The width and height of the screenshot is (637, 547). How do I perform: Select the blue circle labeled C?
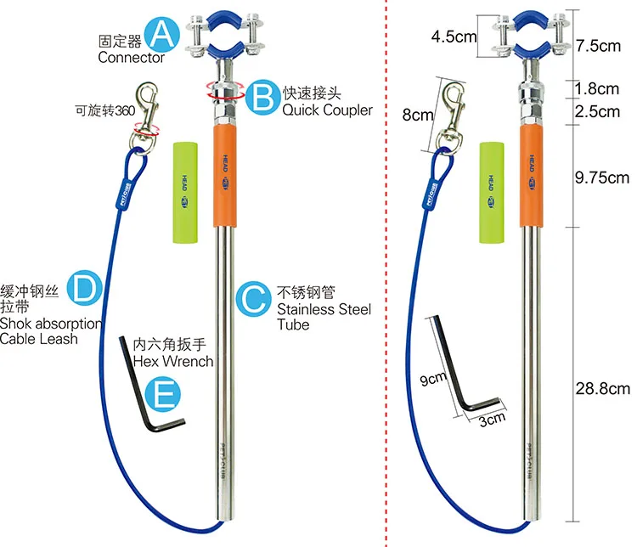252,299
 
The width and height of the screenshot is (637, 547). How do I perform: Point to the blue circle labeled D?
85,290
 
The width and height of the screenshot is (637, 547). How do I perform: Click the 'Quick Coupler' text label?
327,110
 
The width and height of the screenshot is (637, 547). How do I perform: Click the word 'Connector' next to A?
131,58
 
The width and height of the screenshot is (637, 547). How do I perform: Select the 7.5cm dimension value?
598,46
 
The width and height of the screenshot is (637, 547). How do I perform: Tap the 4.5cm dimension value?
454,37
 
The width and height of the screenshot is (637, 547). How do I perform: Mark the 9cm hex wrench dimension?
431,380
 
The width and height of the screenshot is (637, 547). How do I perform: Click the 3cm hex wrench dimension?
492,417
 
